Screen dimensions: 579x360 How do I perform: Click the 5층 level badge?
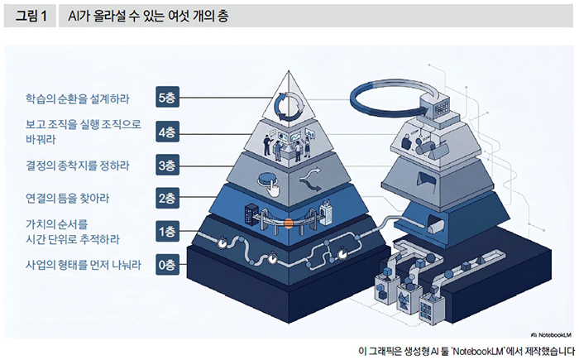pyautogui.click(x=167, y=98)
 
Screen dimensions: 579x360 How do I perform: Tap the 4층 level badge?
pyautogui.click(x=167, y=132)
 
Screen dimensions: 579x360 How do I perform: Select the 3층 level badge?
pyautogui.click(x=167, y=166)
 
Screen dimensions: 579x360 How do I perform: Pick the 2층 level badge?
pyautogui.click(x=167, y=199)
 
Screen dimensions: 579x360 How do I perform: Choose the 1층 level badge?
pyautogui.click(x=167, y=232)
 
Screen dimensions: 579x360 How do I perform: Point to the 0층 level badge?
pyautogui.click(x=167, y=265)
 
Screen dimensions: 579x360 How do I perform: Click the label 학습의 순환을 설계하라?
pyautogui.click(x=78, y=98)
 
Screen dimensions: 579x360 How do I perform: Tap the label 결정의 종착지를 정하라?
pyautogui.click(x=78, y=166)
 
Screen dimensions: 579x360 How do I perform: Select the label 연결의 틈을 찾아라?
pyautogui.click(x=67, y=199)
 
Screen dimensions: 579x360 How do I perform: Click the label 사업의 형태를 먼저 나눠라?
pyautogui.click(x=84, y=265)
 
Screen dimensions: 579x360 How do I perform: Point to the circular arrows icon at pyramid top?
pyautogui.click(x=290, y=106)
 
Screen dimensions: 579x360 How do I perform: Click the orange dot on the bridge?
pyautogui.click(x=289, y=223)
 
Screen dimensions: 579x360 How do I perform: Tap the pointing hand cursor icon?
pyautogui.click(x=273, y=189)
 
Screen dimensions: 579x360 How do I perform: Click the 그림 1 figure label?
pyautogui.click(x=31, y=17)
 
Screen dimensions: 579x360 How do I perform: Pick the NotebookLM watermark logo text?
pyautogui.click(x=551, y=335)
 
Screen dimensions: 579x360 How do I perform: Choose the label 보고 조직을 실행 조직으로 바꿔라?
pyautogui.click(x=83, y=132)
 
